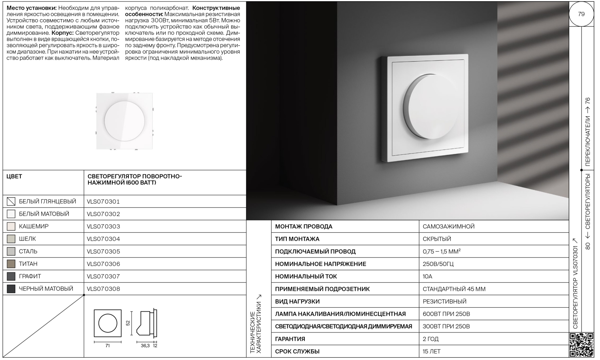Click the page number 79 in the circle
pos(581,14)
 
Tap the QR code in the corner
pos(581,344)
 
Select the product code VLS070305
pos(103,252)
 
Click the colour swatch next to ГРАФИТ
pos(11,276)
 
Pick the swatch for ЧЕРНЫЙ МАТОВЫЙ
pos(11,289)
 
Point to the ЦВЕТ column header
pos(14,176)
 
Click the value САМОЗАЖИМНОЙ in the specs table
pos(448,226)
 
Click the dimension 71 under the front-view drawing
pos(108,346)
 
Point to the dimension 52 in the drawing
pos(128,323)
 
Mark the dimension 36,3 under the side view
pos(145,346)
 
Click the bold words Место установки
pos(32,8)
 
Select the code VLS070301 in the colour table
pos(103,202)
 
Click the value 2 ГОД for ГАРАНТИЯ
pos(431,339)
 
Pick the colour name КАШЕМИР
pos(34,226)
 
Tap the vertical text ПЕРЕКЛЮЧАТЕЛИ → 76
pos(588,132)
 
